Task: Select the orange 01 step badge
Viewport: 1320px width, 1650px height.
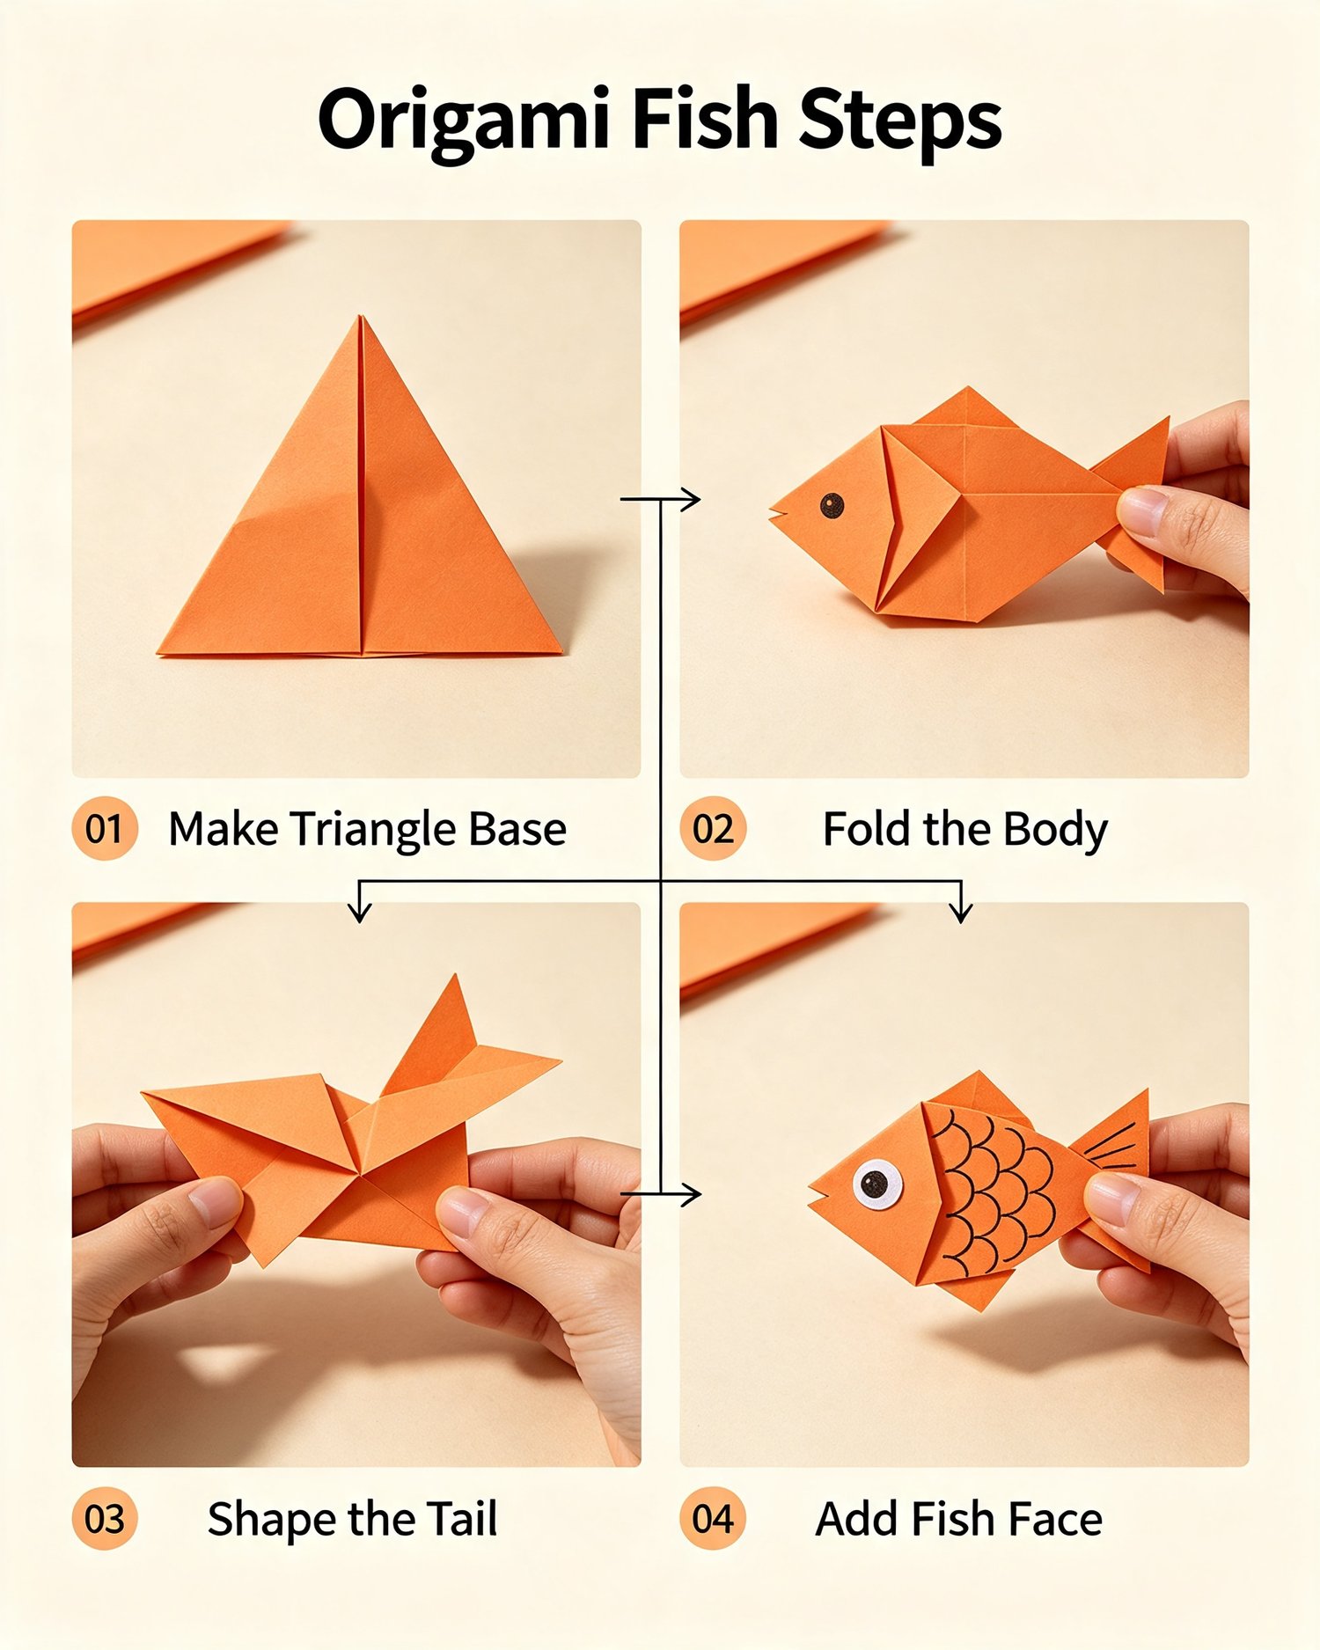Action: click(105, 828)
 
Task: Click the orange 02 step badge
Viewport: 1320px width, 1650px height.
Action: click(713, 828)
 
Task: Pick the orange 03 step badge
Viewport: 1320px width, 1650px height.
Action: click(105, 1519)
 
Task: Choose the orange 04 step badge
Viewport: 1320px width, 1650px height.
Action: click(713, 1519)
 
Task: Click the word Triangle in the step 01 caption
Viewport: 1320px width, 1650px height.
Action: click(373, 831)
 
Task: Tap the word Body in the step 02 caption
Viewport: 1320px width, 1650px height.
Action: click(1055, 831)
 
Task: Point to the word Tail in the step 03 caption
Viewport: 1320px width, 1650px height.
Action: click(462, 1519)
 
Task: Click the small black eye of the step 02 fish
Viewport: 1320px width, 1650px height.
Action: click(832, 505)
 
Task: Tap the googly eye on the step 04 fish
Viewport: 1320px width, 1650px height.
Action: click(876, 1184)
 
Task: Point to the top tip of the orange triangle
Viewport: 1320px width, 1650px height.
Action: click(360, 315)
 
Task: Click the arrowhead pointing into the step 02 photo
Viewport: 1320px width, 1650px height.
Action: click(693, 499)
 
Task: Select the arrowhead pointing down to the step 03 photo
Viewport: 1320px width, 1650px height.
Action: click(359, 911)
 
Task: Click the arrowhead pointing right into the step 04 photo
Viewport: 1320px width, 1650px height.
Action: click(693, 1194)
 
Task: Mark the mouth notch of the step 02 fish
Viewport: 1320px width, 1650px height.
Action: click(780, 511)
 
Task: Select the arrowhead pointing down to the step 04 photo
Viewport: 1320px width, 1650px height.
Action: click(962, 911)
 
